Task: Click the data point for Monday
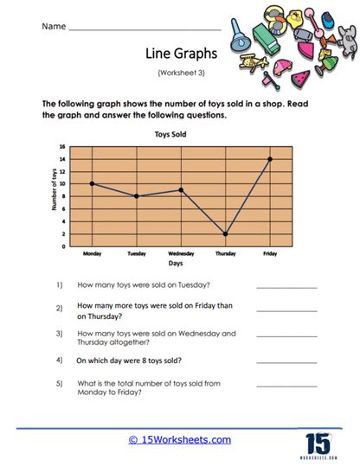[x=92, y=183]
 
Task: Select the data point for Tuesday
[x=136, y=196]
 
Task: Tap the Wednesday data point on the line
[x=181, y=190]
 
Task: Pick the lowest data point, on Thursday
[x=225, y=233]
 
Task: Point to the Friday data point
[x=270, y=159]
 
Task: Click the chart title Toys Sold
[x=170, y=135]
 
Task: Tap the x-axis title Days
[x=176, y=263]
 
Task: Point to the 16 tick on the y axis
[x=62, y=146]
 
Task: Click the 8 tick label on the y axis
[x=63, y=196]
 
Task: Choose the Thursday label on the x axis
[x=225, y=253]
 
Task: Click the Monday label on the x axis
[x=92, y=253]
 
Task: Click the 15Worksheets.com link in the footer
[x=181, y=439]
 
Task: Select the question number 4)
[x=60, y=358]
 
